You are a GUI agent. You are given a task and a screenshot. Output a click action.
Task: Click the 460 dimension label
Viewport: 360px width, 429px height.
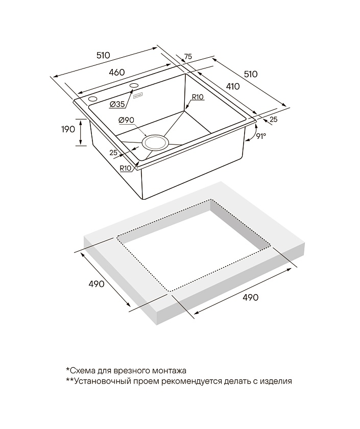pyautogui.click(x=117, y=72)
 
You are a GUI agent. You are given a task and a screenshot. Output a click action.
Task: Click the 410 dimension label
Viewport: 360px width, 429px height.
pyautogui.click(x=232, y=86)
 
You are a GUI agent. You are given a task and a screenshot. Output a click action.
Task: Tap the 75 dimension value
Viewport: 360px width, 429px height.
pyautogui.click(x=188, y=57)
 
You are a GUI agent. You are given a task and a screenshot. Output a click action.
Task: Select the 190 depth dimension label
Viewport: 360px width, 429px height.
pyautogui.click(x=68, y=129)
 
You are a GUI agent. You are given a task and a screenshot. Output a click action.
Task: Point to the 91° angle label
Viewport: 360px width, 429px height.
pyautogui.click(x=261, y=136)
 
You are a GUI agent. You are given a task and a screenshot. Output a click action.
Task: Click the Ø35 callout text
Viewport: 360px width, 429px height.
pyautogui.click(x=117, y=104)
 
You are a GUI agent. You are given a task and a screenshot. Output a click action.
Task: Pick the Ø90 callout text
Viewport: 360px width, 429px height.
pyautogui.click(x=126, y=120)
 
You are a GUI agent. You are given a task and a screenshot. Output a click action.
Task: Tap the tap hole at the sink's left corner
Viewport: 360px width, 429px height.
pyautogui.click(x=93, y=99)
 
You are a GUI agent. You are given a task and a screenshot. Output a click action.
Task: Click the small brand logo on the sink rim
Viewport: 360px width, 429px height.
pyautogui.click(x=137, y=97)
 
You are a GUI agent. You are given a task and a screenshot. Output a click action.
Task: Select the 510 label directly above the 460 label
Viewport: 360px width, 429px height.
pyautogui.click(x=103, y=55)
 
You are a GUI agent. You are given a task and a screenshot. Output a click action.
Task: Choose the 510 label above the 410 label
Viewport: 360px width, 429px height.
pyautogui.click(x=250, y=74)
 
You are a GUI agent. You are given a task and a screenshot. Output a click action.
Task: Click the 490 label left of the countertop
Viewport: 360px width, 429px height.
pyautogui.click(x=97, y=284)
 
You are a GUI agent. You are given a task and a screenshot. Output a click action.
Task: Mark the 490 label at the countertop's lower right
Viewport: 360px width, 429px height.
pyautogui.click(x=250, y=297)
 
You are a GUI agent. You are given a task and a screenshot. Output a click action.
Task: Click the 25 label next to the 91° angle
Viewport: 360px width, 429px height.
pyautogui.click(x=274, y=120)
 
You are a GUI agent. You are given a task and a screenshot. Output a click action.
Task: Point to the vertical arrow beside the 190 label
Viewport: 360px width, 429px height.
pyautogui.click(x=81, y=132)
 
